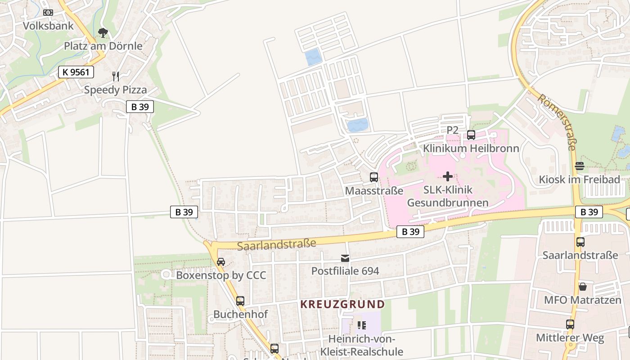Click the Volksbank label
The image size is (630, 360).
pyautogui.click(x=48, y=26)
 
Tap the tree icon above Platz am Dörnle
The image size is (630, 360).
pyautogui.click(x=103, y=33)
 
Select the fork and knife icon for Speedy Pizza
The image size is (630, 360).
pyautogui.click(x=116, y=76)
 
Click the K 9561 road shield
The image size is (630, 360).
pyautogui.click(x=76, y=72)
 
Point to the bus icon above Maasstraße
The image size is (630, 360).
pyautogui.click(x=373, y=177)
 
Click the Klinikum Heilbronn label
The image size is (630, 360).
pyautogui.click(x=471, y=148)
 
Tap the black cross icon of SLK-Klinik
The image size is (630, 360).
pyautogui.click(x=448, y=176)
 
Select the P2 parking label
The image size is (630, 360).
pyautogui.click(x=452, y=130)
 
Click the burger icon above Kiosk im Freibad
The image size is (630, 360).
pyautogui.click(x=579, y=166)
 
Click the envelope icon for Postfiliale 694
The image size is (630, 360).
pyautogui.click(x=345, y=258)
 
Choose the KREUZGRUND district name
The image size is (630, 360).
pyautogui.click(x=342, y=304)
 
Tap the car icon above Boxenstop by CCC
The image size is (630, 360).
pyautogui.click(x=221, y=262)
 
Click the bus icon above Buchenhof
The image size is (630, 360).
pyautogui.click(x=240, y=301)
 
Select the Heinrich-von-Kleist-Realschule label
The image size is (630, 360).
pyautogui.click(x=365, y=345)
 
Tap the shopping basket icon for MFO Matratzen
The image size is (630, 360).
pyautogui.click(x=582, y=287)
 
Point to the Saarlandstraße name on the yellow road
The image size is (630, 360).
pyautogui.click(x=276, y=245)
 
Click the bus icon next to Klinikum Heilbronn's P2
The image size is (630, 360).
pyautogui.click(x=471, y=135)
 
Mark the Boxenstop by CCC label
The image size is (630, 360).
pyautogui.click(x=221, y=275)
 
